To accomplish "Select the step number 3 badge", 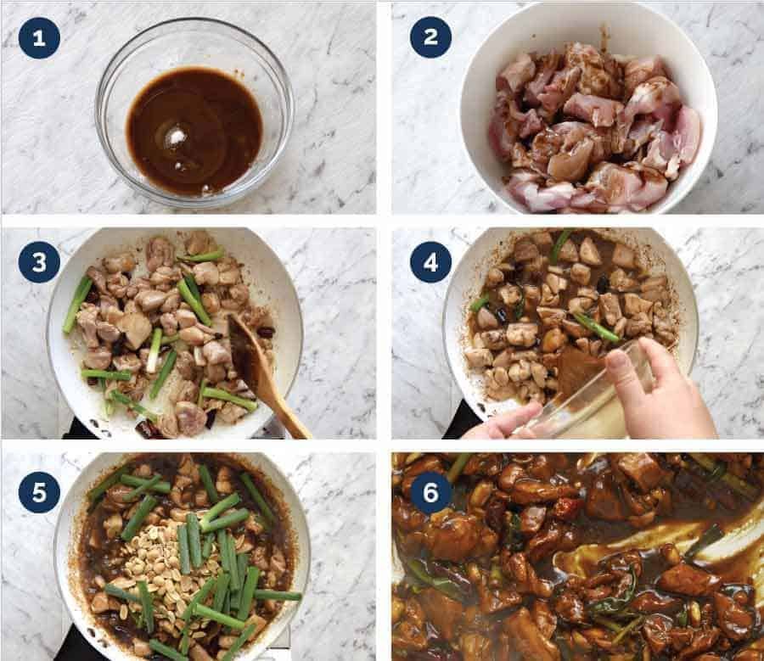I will (39, 263).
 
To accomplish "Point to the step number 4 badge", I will (430, 263).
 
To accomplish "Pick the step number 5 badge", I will (39, 491).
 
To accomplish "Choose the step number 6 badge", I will (430, 491).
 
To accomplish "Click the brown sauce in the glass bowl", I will (195, 127).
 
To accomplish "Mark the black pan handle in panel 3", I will (81, 429).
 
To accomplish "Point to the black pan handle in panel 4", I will (463, 420).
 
